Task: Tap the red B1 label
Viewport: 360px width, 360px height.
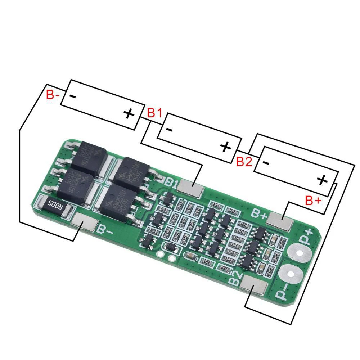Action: coord(154,113)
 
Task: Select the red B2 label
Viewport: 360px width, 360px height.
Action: coord(244,162)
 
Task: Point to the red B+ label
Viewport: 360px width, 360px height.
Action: coord(313,201)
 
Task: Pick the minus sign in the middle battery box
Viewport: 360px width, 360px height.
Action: coord(170,130)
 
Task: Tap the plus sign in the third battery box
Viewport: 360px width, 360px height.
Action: coord(322,180)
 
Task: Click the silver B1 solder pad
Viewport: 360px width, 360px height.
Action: coord(191,188)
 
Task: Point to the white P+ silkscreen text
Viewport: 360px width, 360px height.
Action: coord(309,237)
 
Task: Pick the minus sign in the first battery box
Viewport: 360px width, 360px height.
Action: coord(72,96)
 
